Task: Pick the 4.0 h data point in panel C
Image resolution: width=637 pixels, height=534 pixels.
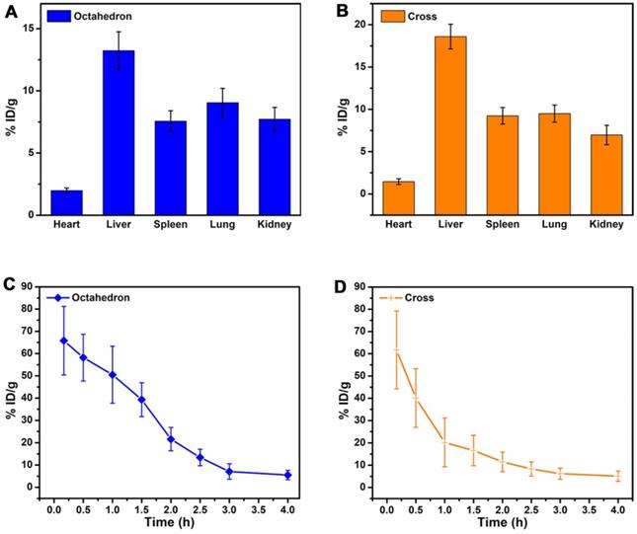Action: pos(287,475)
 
